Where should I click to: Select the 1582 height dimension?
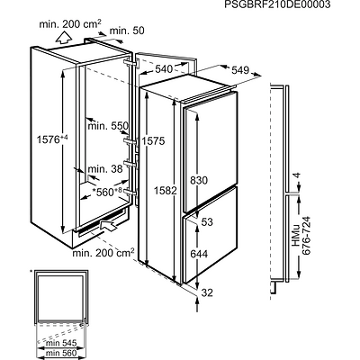[x=166, y=190]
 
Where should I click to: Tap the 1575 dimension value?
[x=153, y=140]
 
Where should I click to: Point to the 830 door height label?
[x=199, y=180]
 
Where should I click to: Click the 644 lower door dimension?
[x=199, y=254]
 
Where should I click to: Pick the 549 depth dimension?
[x=240, y=70]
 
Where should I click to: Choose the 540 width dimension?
[x=164, y=69]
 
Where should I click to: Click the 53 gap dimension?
[x=207, y=222]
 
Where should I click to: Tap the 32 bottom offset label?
[x=207, y=292]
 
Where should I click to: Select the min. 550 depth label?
[x=108, y=125]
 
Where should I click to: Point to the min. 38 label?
[x=105, y=169]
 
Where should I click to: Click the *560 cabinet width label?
[x=106, y=192]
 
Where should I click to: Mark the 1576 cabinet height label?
[x=52, y=139]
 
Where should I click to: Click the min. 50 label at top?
[x=127, y=31]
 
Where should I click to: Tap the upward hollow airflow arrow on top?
[x=64, y=39]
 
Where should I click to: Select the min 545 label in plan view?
[x=61, y=343]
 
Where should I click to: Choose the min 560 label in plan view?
[x=61, y=354]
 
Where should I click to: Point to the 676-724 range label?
[x=306, y=236]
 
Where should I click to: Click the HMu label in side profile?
[x=296, y=236]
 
